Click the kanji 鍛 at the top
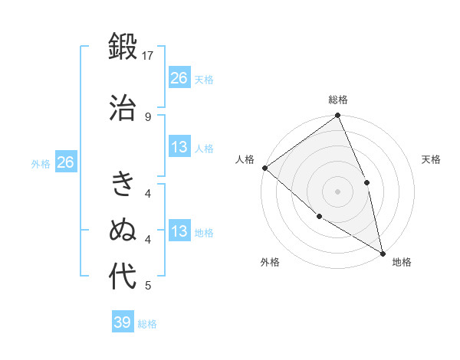pos(123,47)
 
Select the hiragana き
pos(123,184)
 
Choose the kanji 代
pos(123,277)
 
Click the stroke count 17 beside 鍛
pos(149,56)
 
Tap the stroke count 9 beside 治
pos(148,116)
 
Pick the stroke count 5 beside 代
pos(148,286)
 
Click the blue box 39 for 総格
pos(123,322)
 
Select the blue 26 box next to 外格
pos(65,162)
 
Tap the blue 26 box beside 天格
pos(179,78)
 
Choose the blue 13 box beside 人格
pos(179,147)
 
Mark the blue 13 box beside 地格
pos(179,231)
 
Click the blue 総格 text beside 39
pos(147,324)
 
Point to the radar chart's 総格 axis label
pos(338,100)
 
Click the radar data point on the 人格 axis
pos(264,168)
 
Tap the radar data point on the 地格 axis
pos(383,252)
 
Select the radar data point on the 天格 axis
pos(366,182)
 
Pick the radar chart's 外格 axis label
pos(270,262)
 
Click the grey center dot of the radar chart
pos(337,191)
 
